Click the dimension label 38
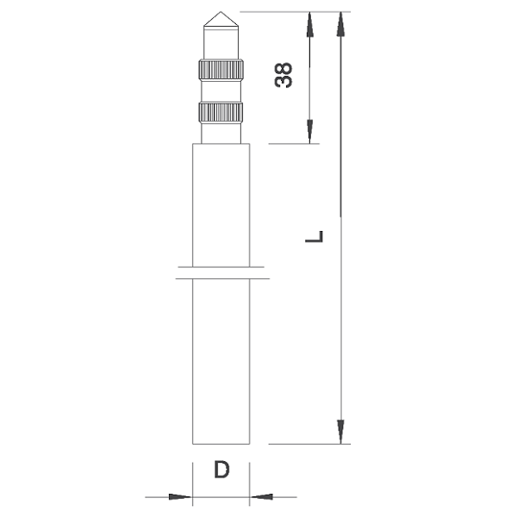click(x=283, y=75)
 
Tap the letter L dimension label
click(x=314, y=237)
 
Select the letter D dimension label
click(x=221, y=470)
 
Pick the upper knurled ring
click(x=221, y=70)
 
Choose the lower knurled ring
click(x=221, y=113)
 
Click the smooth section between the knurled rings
click(x=221, y=91)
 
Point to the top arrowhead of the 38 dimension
click(x=309, y=24)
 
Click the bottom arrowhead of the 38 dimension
click(x=309, y=132)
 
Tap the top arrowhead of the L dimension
click(x=340, y=24)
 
